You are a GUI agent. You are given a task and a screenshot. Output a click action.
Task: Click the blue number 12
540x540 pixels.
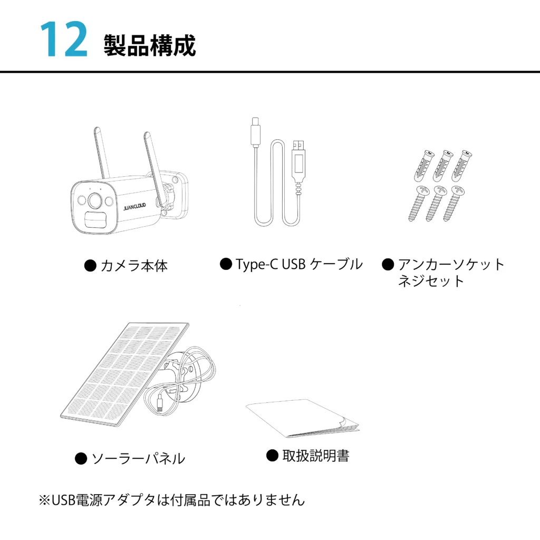tap(64, 39)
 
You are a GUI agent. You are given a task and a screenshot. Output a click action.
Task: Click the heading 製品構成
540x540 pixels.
tap(150, 45)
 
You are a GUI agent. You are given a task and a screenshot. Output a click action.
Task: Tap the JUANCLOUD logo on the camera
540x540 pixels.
tap(134, 207)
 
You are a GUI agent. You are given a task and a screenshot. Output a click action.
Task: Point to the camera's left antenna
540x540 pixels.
tap(102, 153)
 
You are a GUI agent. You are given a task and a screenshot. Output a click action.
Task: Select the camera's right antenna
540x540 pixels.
tap(153, 168)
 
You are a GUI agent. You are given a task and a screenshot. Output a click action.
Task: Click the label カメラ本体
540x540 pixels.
tap(134, 266)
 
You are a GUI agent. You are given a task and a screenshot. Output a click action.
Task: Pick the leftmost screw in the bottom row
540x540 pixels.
tap(418, 203)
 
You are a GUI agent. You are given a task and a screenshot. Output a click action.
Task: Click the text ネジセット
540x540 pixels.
tap(431, 281)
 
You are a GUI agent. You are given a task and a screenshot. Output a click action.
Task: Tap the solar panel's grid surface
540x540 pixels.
tap(124, 374)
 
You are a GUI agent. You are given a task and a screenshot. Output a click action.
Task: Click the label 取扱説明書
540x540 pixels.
tap(316, 456)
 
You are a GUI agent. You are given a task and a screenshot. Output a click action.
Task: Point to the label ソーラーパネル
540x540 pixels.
tap(138, 459)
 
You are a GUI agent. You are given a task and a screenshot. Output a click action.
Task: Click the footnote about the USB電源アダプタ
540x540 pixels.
tap(172, 500)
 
